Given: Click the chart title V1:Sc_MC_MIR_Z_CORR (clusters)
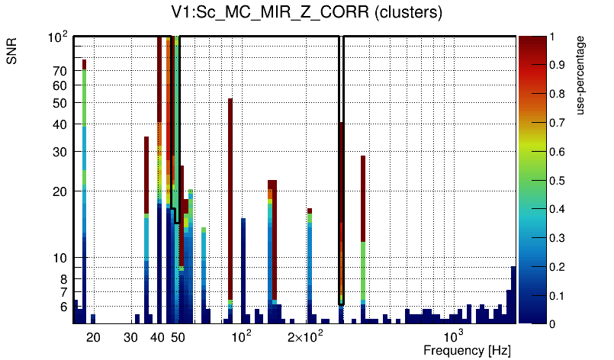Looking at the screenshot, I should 307,13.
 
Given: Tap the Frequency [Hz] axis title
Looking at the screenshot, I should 467,350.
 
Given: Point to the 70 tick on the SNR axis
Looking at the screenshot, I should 59,71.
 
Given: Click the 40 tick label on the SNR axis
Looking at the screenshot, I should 59,124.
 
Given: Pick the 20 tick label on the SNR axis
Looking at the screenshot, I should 59,191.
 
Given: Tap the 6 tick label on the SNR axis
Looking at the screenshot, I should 63,306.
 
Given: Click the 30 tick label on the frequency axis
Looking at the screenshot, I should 131,336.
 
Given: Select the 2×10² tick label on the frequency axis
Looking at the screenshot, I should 305,336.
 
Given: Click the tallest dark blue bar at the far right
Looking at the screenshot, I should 513,294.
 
